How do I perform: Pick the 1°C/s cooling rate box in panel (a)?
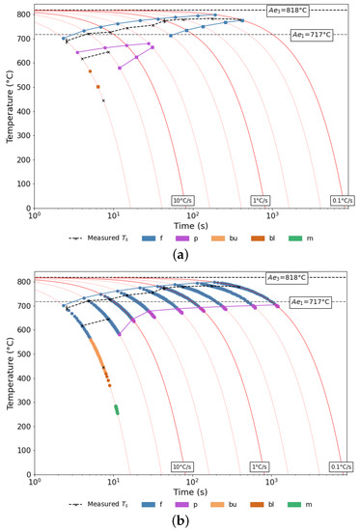pyautogui.click(x=260, y=200)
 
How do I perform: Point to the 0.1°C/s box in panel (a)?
pyautogui.click(x=341, y=200)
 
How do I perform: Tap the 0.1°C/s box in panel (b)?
pyautogui.click(x=341, y=467)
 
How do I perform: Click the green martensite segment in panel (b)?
pyautogui.click(x=116, y=410)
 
